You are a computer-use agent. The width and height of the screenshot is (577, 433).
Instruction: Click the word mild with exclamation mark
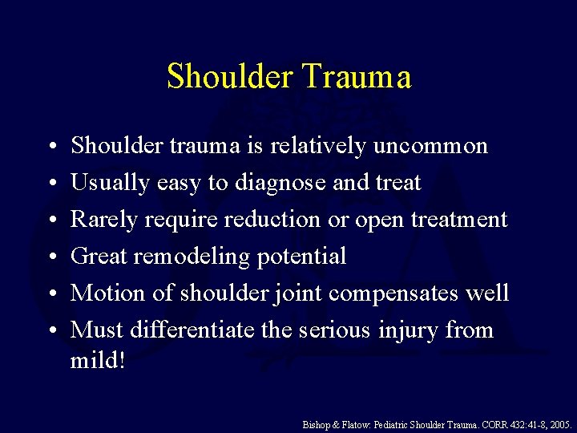pos(98,360)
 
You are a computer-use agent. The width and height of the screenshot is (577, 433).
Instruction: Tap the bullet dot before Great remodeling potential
pos(50,257)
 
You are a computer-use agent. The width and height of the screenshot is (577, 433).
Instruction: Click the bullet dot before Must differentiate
pos(50,330)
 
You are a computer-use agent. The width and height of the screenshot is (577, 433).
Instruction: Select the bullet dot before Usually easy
pos(50,183)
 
